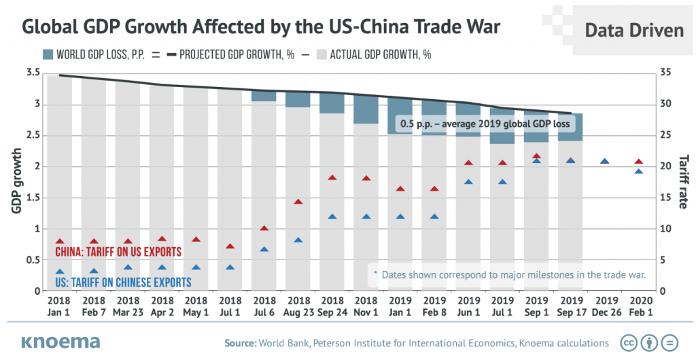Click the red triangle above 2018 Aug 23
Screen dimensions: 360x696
point(298,202)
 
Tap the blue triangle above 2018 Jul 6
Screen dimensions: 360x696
point(264,249)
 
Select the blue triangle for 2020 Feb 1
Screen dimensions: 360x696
point(638,171)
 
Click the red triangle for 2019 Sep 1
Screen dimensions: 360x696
point(536,156)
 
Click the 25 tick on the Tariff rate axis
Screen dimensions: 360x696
point(667,135)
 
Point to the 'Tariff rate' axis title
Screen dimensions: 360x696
point(682,181)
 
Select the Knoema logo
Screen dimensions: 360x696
point(60,342)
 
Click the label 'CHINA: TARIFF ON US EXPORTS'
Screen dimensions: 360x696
point(118,252)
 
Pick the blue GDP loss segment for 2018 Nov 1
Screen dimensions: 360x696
point(366,109)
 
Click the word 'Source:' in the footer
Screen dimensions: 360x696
point(238,343)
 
